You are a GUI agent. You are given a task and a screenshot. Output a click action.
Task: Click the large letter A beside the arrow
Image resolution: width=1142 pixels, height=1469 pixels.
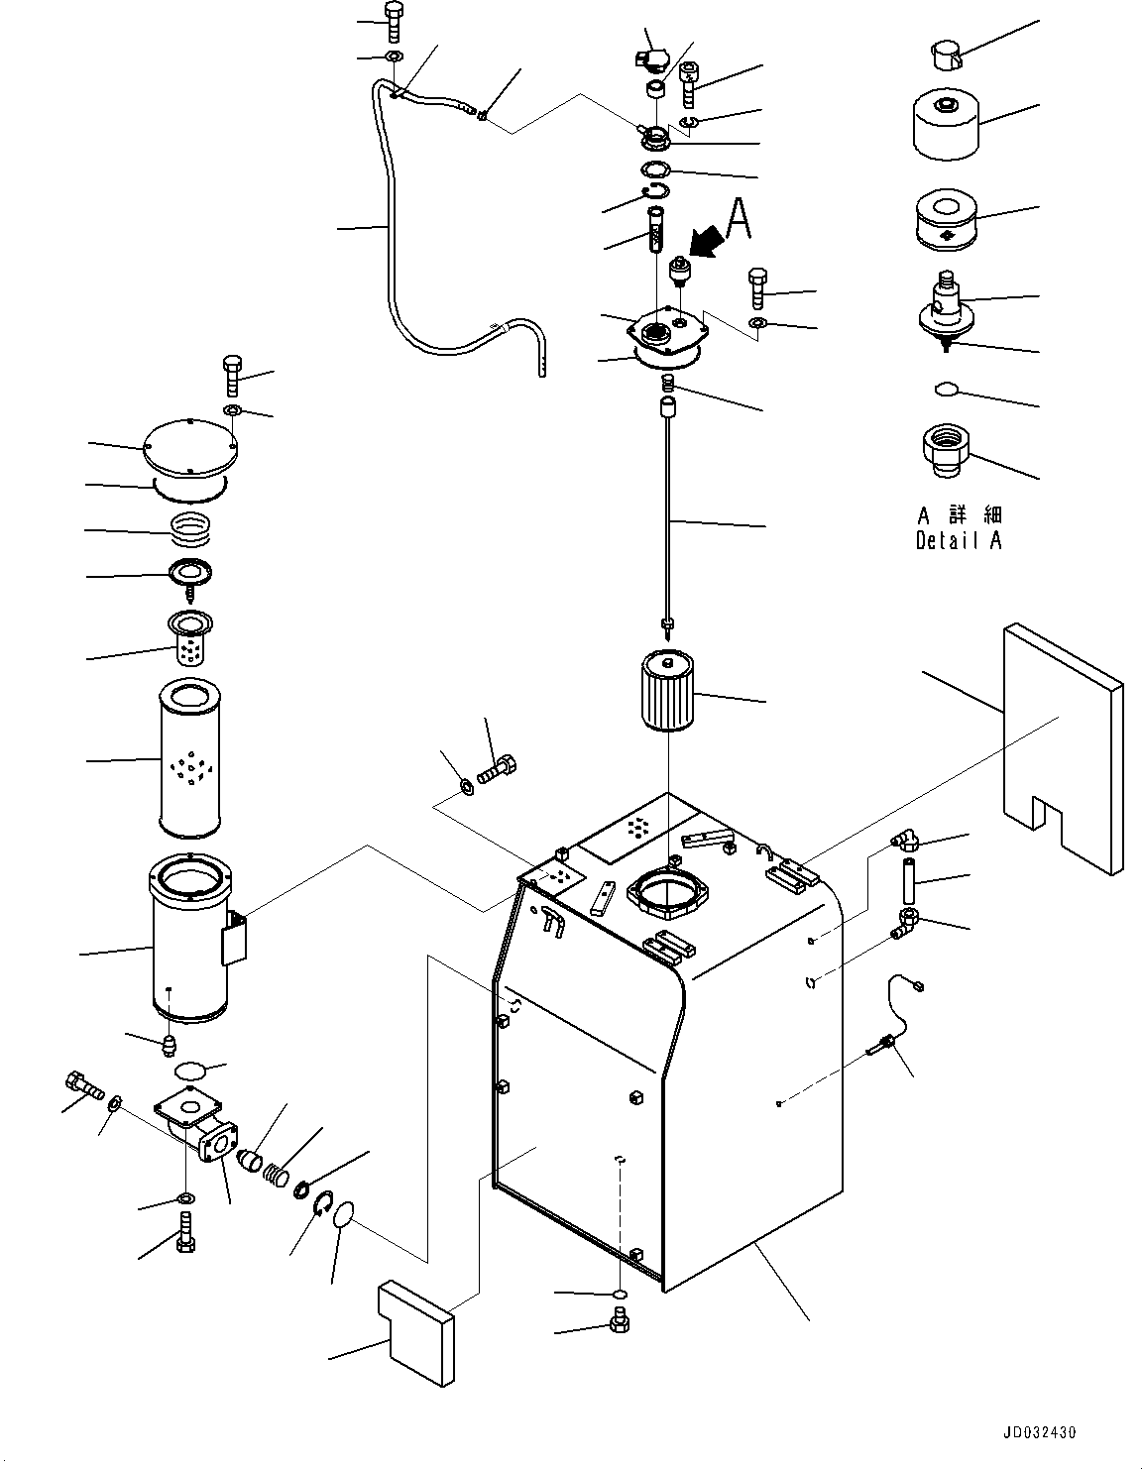(738, 219)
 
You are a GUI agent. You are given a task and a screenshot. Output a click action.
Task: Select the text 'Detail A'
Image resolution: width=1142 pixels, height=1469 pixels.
(958, 541)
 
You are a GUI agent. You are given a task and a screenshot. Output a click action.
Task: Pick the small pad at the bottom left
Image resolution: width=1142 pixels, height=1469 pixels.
(416, 1331)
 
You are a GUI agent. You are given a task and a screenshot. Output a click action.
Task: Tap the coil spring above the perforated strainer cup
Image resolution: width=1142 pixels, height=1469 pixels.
(191, 528)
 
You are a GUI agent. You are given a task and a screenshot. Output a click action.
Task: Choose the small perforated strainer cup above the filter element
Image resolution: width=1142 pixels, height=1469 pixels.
(187, 640)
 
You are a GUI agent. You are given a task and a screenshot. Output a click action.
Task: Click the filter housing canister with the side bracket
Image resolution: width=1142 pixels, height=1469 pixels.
(190, 942)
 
